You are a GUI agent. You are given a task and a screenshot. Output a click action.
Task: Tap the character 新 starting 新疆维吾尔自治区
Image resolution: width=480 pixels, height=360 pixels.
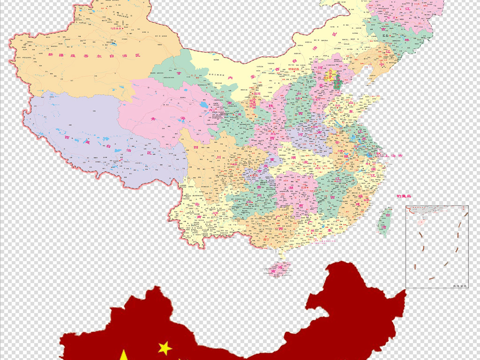pyautogui.click(x=49, y=55)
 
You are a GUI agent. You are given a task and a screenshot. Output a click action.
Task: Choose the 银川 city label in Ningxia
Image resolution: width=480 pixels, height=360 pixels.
pyautogui.click(x=256, y=94)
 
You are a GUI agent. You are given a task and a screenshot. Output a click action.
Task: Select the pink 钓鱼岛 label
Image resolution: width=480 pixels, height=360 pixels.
pyautogui.click(x=403, y=196)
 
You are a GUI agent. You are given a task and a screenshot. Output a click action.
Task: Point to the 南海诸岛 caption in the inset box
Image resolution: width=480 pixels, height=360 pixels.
pyautogui.click(x=460, y=285)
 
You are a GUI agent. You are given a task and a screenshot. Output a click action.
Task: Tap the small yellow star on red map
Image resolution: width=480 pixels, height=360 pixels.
pyautogui.click(x=165, y=348)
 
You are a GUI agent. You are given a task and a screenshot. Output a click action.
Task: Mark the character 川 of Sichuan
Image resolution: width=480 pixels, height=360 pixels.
pyautogui.click(x=218, y=158)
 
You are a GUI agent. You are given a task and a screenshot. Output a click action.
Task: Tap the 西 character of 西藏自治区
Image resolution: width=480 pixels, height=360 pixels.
pyautogui.click(x=67, y=138)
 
